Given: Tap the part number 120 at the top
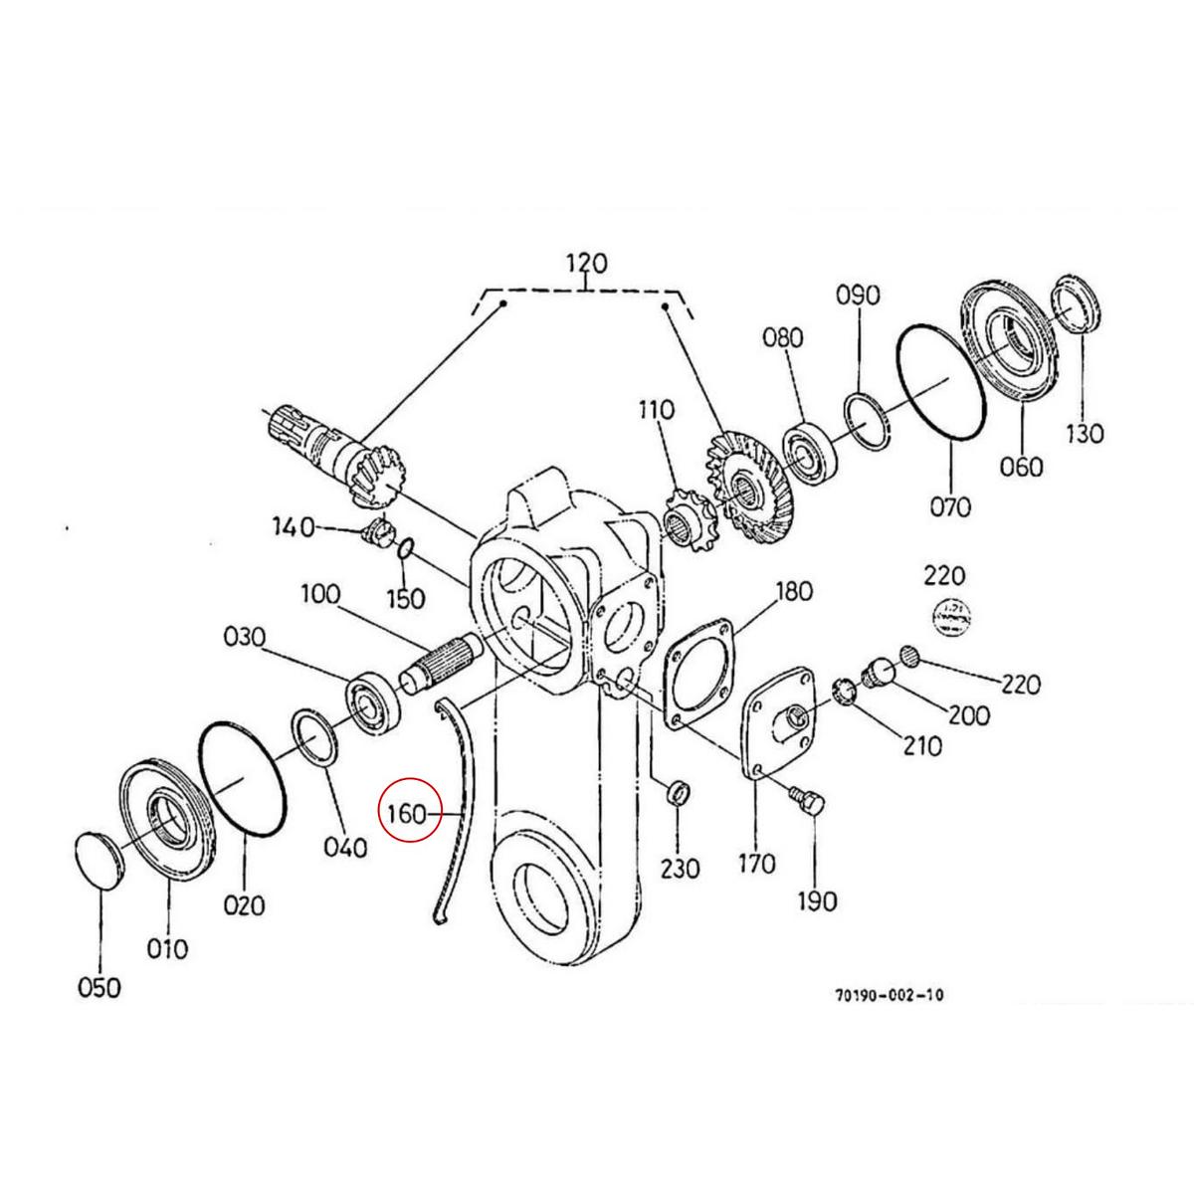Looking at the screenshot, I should pyautogui.click(x=586, y=265).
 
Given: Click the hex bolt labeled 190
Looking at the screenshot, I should pyautogui.click(x=806, y=800).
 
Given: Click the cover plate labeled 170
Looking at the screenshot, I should pyautogui.click(x=781, y=725).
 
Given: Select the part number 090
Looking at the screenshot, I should pyautogui.click(x=857, y=296).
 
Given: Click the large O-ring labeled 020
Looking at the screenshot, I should pyautogui.click(x=244, y=781).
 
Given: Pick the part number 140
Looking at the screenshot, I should pyautogui.click(x=293, y=526).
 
